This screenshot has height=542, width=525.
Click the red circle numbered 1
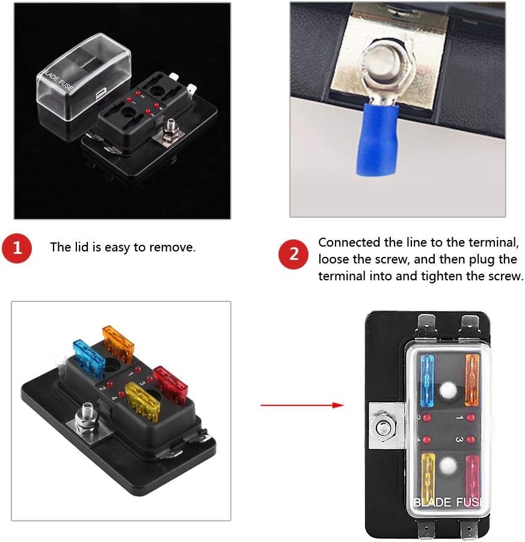17,248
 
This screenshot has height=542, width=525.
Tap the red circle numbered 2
293,254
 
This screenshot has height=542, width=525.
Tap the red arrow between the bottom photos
302,405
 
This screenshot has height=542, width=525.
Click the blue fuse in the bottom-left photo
88,358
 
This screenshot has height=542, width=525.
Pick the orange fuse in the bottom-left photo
118,343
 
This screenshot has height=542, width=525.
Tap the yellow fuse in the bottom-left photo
143,401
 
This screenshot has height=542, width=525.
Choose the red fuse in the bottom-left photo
170,384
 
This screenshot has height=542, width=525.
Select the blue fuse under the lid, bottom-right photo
427,381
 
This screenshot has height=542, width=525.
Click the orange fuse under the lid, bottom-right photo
471,380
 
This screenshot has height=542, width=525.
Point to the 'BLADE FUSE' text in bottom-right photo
449,502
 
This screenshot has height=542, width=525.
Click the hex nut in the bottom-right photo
383,428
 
